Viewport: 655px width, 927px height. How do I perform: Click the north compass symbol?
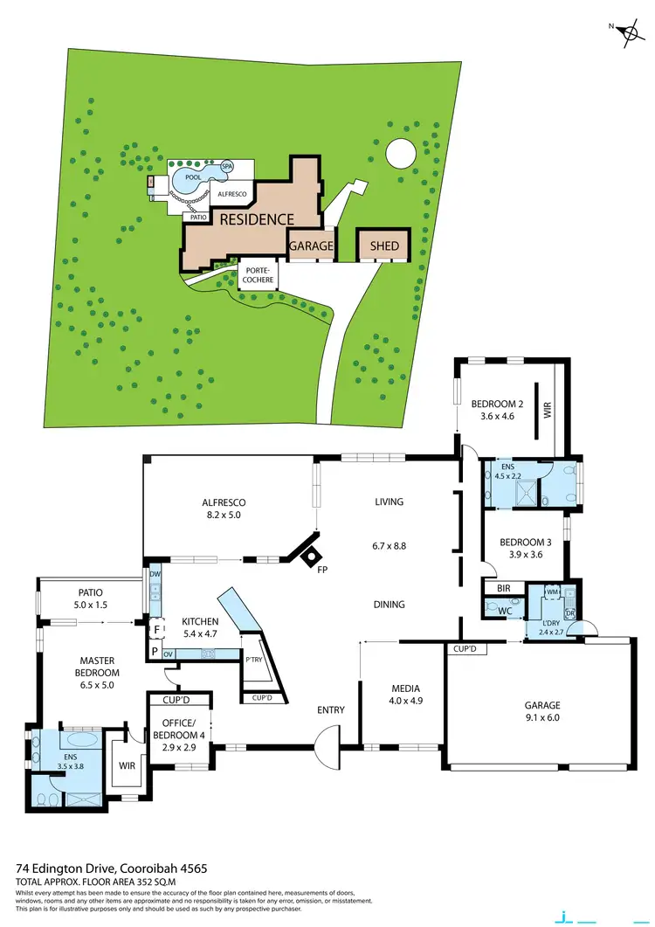tap(627, 34)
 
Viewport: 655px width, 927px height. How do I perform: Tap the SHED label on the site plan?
tap(384, 246)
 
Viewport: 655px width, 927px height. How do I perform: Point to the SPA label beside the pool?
tap(227, 166)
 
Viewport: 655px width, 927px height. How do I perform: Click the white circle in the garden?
tap(402, 153)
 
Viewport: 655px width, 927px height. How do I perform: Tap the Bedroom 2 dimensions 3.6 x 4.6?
tap(496, 418)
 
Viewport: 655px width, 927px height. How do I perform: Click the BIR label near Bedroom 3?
tap(503, 589)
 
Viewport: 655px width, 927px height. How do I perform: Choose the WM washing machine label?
tap(552, 591)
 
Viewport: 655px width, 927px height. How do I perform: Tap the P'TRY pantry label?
tap(254, 659)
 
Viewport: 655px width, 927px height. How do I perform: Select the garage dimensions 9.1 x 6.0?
tap(542, 719)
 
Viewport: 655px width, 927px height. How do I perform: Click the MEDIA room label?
tap(404, 688)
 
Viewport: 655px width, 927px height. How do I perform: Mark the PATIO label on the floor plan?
tap(91, 591)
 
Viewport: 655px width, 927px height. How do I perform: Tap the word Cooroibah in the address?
tap(153, 869)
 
